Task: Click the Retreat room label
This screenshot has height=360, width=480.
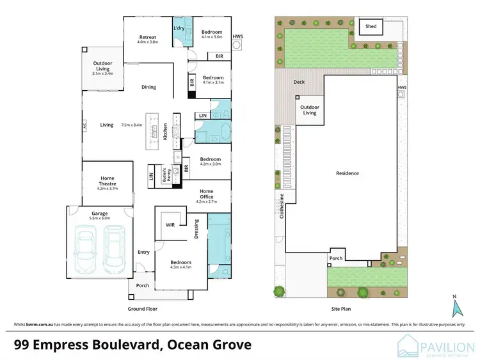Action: tap(148, 37)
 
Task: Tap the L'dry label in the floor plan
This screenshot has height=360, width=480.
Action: tap(179, 29)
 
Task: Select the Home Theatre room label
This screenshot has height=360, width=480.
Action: tap(106, 181)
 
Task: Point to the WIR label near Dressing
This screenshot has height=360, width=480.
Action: tap(170, 224)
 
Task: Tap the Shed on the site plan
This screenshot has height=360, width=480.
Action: tap(371, 27)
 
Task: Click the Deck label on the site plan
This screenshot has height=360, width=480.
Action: tap(299, 82)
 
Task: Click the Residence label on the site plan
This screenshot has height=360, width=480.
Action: tap(348, 173)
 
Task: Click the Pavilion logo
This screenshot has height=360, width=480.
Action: tap(435, 346)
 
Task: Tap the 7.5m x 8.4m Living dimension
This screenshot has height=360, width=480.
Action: tap(132, 125)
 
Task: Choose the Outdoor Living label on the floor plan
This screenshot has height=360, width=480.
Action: tap(102, 66)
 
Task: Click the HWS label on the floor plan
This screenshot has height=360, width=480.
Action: tap(238, 36)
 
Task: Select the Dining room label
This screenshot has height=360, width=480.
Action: tap(148, 87)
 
